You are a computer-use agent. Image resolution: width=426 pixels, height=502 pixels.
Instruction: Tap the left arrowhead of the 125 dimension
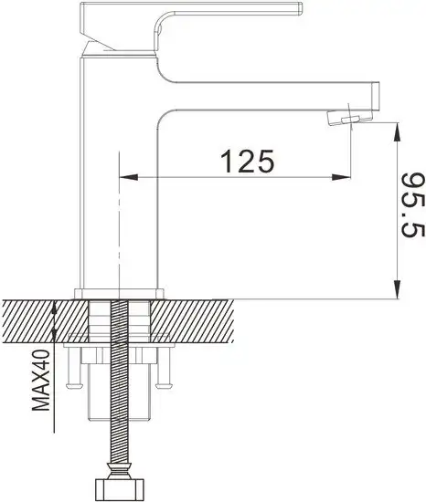point(129,177)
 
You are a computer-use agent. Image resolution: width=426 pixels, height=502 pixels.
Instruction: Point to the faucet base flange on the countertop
point(119,295)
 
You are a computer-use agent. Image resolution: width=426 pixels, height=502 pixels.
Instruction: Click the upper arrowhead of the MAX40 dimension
point(57,309)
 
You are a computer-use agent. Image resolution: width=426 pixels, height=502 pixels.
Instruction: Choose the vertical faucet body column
point(119,183)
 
